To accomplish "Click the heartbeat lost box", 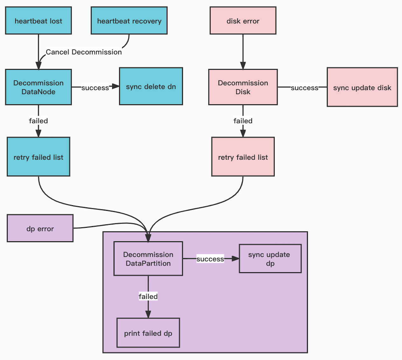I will coord(38,21).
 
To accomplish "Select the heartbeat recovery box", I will coord(129,21).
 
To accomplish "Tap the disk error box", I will coord(243,21).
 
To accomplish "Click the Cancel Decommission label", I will coord(84,52).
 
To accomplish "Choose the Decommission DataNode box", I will coord(38,87).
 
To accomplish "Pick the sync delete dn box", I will coord(151,87).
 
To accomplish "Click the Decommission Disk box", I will coord(243,87).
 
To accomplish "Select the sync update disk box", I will coord(362,87).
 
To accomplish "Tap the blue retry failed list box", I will coord(38,157).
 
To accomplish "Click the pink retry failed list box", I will coord(243,157).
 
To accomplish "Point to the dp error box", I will coord(40,228).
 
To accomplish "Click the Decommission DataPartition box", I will coord(148,259).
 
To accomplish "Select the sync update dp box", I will coord(270,259).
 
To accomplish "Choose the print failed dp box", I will coord(148,333).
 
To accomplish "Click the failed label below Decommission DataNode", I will coord(38,121).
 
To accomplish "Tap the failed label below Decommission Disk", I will coord(243,121).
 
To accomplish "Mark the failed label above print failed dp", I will coord(148,296).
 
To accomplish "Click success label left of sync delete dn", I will coord(95,88).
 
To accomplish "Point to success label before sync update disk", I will coord(304,88).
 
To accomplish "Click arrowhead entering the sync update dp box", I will coord(236,259).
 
